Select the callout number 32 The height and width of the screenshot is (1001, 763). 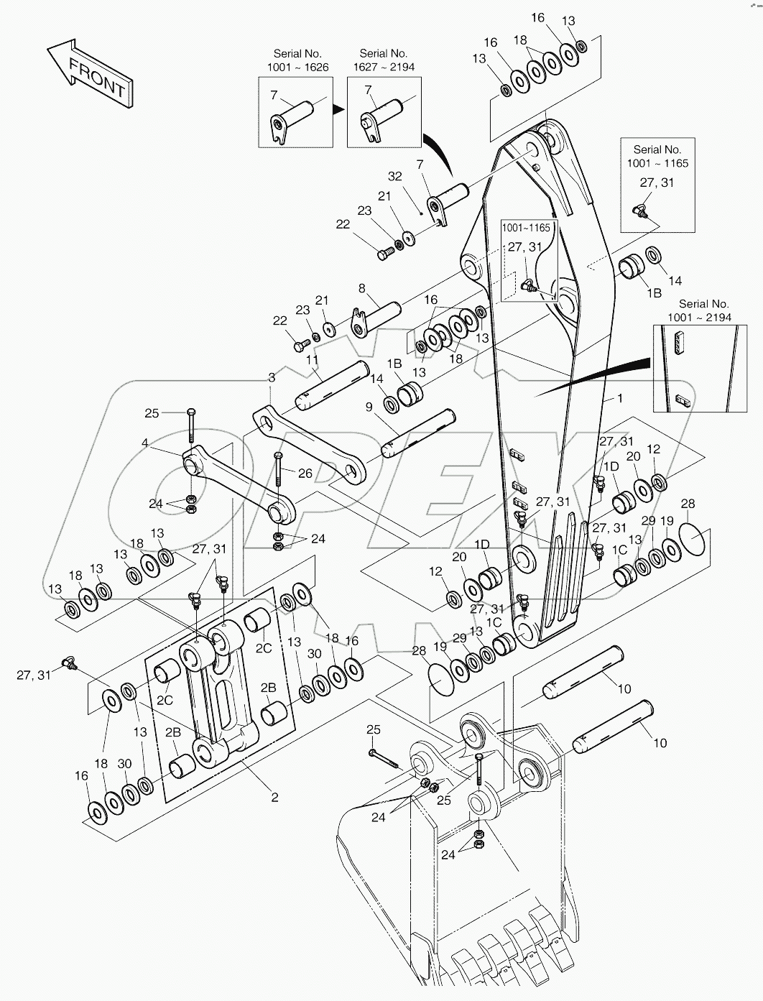point(395,177)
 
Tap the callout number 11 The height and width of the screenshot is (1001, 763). point(313,360)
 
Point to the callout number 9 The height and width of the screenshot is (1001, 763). point(369,407)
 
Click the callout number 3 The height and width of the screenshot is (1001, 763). point(272,377)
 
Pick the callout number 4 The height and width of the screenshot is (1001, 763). point(145,443)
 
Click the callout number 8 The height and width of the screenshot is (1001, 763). point(362,288)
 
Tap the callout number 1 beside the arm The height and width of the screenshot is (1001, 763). point(620,397)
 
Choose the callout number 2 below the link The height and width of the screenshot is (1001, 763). point(274,797)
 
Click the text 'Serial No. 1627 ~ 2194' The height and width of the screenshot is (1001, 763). point(384,60)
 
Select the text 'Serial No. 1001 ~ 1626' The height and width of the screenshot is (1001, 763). point(297,60)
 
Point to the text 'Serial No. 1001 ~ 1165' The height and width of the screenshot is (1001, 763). point(657,156)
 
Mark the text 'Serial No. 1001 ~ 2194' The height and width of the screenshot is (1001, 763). point(703,310)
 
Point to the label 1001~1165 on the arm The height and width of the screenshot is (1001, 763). point(526,228)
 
